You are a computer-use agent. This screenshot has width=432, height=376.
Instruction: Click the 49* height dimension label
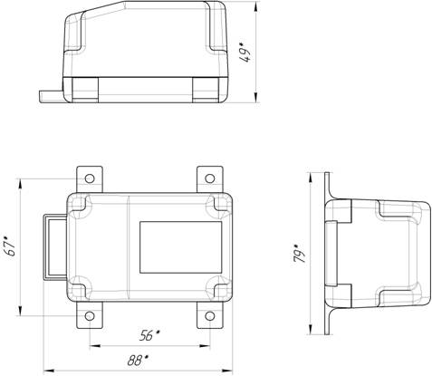pos(245,53)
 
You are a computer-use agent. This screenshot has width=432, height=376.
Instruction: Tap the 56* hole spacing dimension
pos(149,335)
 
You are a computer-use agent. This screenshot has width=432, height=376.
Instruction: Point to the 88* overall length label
pos(138,361)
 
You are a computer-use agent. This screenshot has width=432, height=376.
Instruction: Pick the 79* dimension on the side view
pos(299,253)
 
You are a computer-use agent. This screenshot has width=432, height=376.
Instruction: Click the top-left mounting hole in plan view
pos(90,178)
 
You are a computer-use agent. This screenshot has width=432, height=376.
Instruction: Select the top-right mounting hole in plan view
pos(210,178)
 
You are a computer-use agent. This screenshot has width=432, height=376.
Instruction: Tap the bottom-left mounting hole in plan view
pos(90,316)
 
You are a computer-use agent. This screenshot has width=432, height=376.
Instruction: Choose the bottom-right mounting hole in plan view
pos(210,316)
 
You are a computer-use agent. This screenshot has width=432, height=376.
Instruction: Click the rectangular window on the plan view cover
pos(181,247)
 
